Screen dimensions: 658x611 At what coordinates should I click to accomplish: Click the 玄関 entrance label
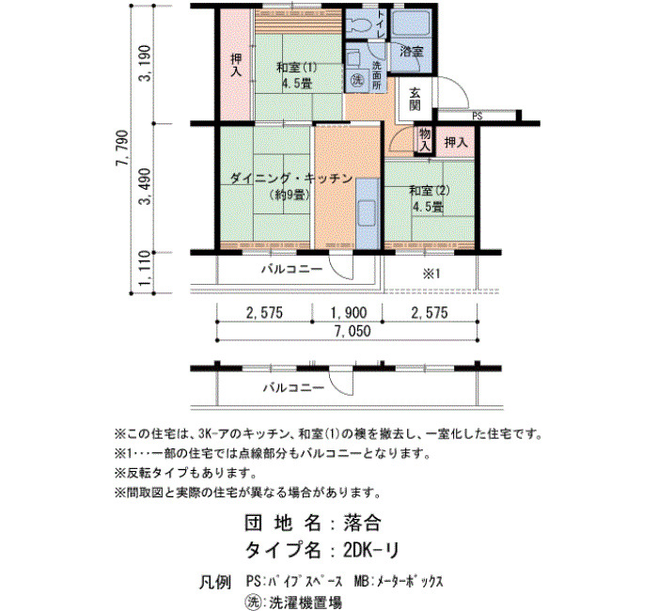coord(415,100)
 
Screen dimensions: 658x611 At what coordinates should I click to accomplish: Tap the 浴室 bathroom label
coord(411,52)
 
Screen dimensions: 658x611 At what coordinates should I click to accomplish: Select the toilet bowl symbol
coord(359,25)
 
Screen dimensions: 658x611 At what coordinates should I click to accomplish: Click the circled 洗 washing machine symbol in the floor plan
coord(357,79)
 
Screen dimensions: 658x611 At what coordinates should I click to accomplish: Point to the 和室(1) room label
coord(296,67)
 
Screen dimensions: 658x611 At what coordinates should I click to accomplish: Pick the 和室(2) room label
coord(430,191)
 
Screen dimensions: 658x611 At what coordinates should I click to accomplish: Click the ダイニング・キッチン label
coord(291,179)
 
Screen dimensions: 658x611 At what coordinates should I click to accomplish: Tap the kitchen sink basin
coord(368,213)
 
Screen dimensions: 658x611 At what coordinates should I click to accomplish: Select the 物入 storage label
coord(424,140)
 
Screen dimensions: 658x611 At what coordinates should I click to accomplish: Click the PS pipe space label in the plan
coord(478,117)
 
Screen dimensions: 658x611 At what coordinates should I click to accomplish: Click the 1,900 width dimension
coord(349,313)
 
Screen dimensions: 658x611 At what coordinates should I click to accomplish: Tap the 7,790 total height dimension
coord(122,149)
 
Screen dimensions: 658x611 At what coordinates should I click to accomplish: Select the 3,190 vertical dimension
coord(145,63)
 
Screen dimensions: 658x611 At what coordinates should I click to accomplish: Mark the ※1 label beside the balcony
coord(431,274)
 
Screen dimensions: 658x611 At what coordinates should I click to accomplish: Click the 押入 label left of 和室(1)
coord(236,65)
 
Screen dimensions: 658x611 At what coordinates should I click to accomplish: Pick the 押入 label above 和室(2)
coord(456,142)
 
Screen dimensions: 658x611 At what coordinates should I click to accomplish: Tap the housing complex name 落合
coord(362,523)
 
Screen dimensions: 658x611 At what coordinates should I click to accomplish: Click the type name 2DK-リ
coord(370,550)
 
